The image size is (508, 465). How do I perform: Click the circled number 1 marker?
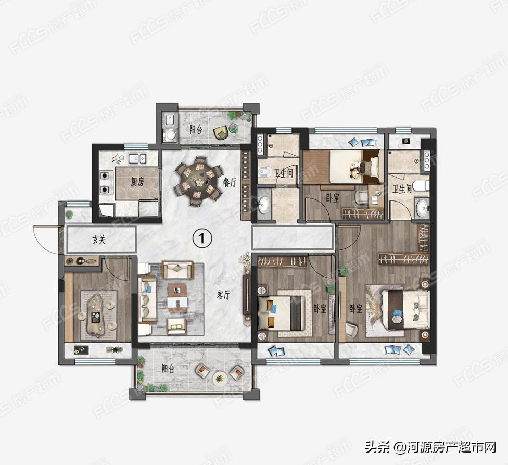pos(202,238)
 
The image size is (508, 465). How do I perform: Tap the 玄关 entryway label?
pos(98,240)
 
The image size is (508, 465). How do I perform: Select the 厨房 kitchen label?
pos(137,182)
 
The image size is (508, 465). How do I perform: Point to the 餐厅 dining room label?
pos(230,182)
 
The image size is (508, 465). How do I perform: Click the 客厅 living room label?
pos(223,295)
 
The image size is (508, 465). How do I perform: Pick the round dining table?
pos(197,181)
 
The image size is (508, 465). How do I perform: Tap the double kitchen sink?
pos(137,158)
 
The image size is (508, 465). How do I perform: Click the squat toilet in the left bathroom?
pos(265,172)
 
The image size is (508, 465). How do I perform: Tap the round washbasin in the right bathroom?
pos(422,207)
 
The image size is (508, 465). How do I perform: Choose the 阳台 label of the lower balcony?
pos(168,369)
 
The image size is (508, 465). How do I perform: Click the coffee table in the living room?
pos(177,298)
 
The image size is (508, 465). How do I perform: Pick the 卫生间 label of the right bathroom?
pos(402,188)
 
